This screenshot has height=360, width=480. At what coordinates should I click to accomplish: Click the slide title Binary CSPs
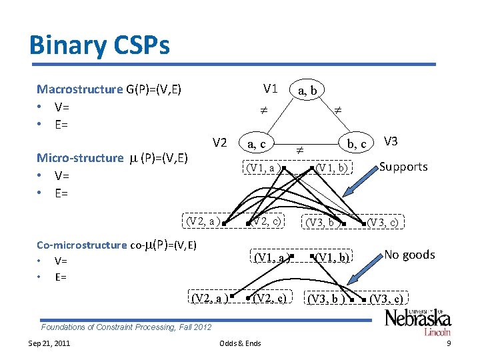(99, 45)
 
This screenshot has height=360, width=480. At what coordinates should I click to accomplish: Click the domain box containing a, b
(307, 89)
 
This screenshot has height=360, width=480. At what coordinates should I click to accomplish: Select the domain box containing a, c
(256, 143)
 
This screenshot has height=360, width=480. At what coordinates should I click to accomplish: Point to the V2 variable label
(220, 142)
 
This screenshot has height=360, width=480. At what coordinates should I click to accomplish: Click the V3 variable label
(391, 141)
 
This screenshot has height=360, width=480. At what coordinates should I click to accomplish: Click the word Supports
(403, 167)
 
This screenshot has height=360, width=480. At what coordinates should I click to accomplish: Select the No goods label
(409, 255)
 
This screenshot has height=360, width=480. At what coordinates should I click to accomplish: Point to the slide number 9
(449, 343)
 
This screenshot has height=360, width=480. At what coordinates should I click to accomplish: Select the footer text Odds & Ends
(240, 343)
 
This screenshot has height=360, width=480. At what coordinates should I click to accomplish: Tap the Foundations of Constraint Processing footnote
(126, 327)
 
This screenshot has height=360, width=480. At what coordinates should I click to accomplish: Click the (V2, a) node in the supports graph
(203, 221)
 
